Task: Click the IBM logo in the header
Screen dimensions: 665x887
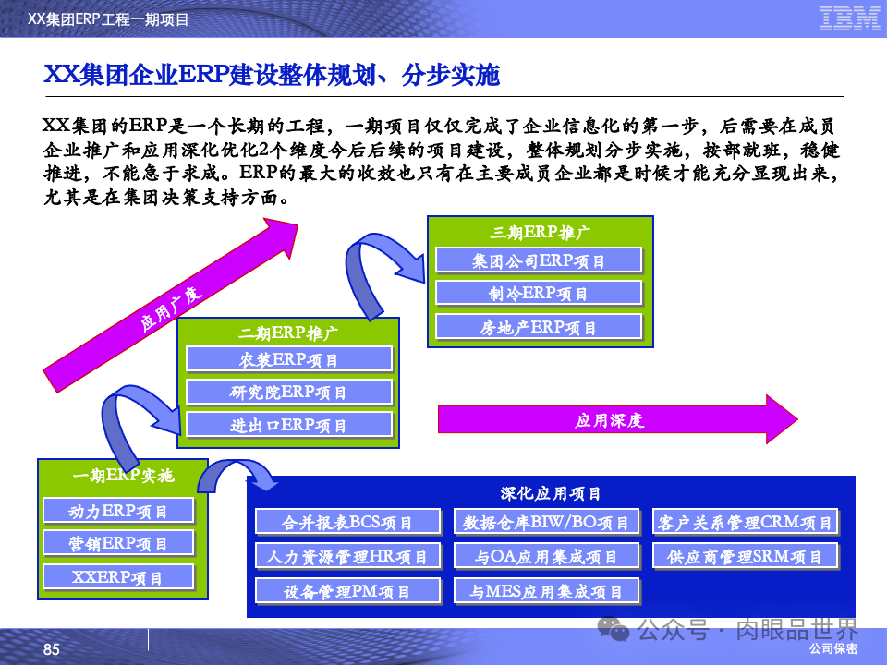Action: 850,18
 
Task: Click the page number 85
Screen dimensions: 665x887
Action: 52,650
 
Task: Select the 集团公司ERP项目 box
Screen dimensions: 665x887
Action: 539,260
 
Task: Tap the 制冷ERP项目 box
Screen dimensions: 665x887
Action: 539,294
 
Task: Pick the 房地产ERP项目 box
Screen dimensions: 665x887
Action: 539,327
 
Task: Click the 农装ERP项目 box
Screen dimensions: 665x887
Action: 289,359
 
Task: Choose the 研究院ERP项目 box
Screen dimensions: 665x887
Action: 289,392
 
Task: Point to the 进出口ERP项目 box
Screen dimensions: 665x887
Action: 289,425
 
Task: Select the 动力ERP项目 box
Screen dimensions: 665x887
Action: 118,511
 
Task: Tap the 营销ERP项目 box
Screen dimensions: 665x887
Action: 118,543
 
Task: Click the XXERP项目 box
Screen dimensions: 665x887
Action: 118,577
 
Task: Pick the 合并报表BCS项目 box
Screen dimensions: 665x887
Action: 347,523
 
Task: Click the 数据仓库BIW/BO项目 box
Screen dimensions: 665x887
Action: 546,523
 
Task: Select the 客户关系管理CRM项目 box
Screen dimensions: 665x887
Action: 745,523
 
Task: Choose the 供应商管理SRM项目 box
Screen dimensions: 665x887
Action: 745,556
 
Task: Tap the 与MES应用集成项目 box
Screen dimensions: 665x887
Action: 546,590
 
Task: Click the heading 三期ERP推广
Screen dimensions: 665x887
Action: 540,231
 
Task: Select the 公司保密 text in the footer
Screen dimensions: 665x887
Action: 833,649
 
